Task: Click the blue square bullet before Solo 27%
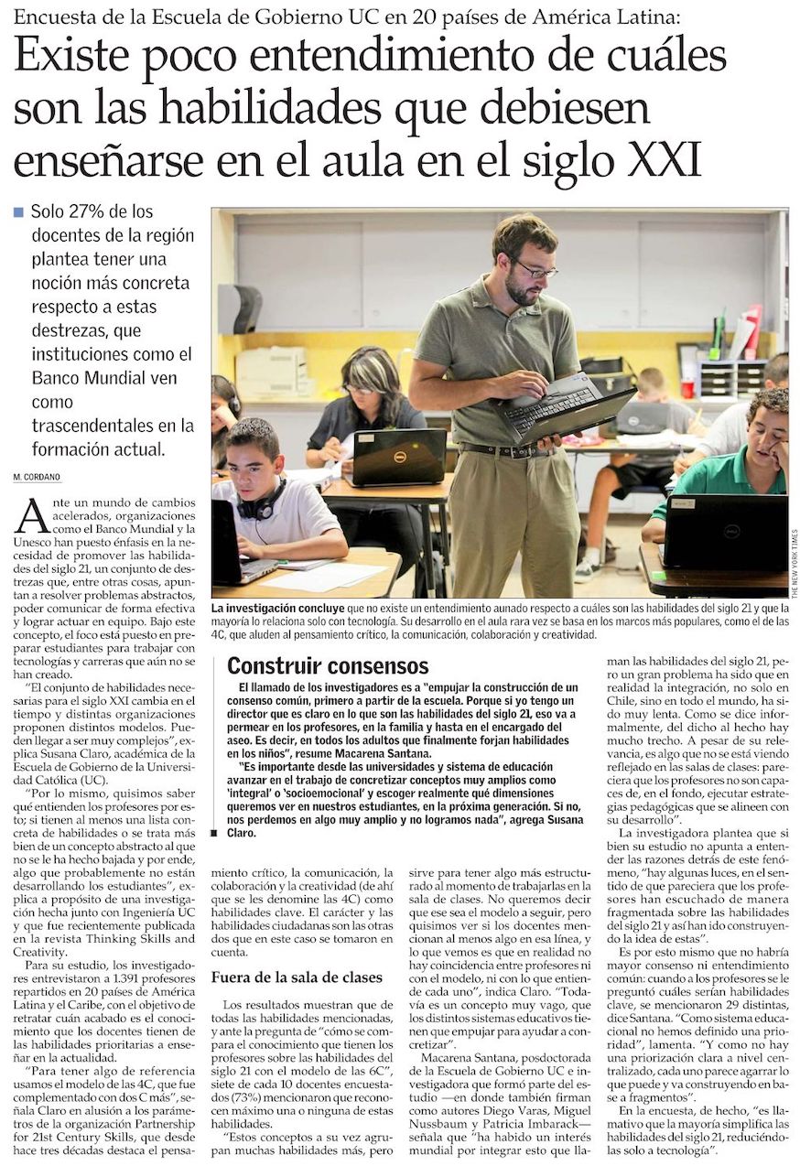tap(18, 211)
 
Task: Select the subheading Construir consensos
tap(328, 666)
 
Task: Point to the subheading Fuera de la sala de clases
tap(297, 977)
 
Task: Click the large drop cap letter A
tap(31, 516)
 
